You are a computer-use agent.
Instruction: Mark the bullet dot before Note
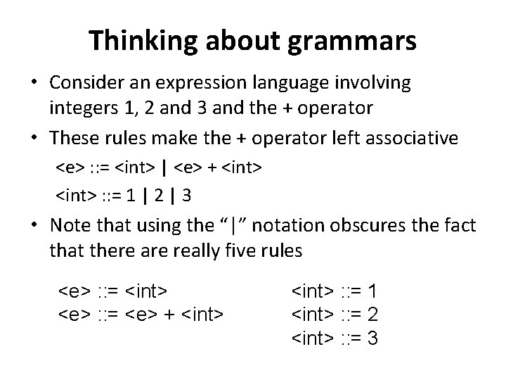(34, 225)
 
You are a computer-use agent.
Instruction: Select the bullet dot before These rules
(34, 137)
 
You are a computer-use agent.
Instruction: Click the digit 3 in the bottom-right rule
(372, 338)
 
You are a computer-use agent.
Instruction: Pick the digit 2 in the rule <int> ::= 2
(372, 314)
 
